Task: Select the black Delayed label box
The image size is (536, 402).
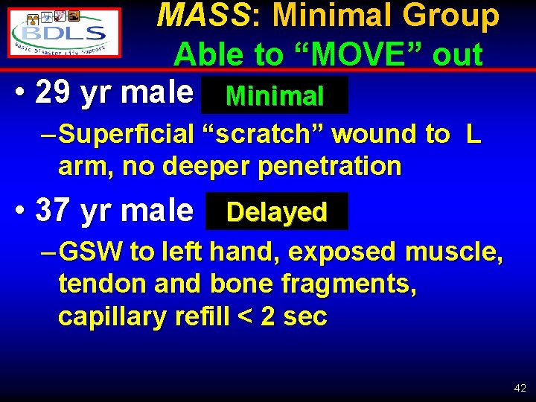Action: click(x=276, y=212)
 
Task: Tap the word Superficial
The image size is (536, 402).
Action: click(x=126, y=134)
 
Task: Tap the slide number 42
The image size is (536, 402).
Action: click(x=520, y=388)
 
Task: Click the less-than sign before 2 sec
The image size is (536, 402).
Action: click(x=243, y=316)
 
